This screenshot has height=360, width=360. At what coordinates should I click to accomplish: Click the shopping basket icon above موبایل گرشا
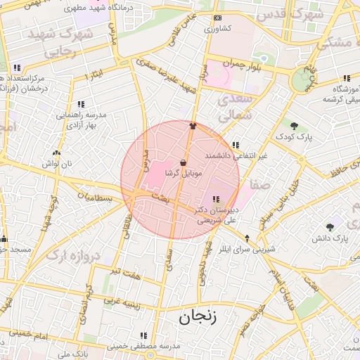coord(184,162)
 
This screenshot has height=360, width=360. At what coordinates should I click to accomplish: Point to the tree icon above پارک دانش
coord(330,226)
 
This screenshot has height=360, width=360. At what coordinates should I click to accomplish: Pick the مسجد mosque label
coord(17,249)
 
